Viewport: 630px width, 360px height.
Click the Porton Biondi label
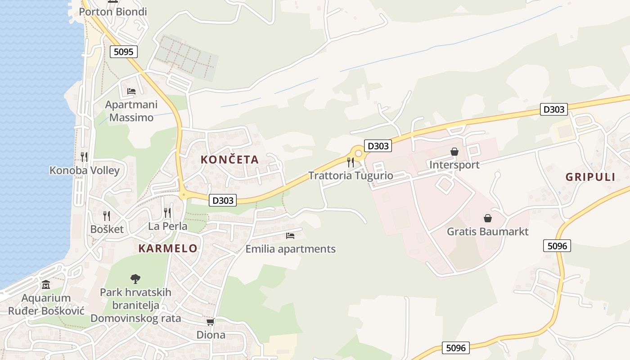pos(113,12)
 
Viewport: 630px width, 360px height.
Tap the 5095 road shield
pos(124,52)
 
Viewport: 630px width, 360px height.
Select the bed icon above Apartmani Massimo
pos(131,91)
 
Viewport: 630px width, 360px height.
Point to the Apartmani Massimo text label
pos(131,111)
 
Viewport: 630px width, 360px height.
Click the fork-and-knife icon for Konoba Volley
pos(84,157)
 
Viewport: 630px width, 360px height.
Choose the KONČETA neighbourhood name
pos(229,159)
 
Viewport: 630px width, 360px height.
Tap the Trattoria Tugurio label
pos(351,175)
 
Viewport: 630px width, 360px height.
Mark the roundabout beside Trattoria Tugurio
pos(359,153)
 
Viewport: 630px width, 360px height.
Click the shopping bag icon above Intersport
pos(454,152)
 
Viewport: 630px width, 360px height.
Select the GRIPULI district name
pos(590,177)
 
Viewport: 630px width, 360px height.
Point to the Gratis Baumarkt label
pos(487,232)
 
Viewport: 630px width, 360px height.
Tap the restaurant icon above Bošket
pos(106,216)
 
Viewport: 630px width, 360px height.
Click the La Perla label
pos(168,226)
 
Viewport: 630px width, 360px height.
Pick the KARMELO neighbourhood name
pos(168,248)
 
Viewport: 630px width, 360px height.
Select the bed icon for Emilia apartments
pos(290,235)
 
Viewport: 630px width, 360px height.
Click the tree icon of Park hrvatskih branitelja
pos(135,279)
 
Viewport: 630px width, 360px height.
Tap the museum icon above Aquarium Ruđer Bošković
pos(46,285)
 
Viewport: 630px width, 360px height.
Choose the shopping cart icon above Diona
pos(210,322)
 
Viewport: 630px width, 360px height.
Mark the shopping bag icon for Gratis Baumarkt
pos(487,218)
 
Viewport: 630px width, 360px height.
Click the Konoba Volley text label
pos(85,171)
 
